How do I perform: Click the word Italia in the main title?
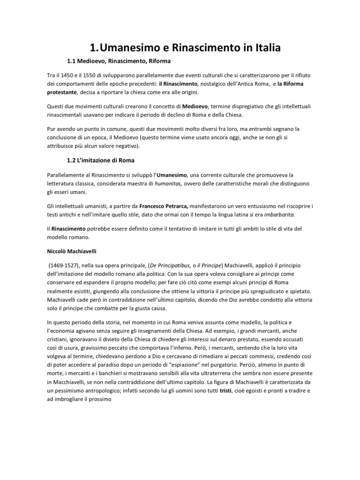click(x=258, y=47)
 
